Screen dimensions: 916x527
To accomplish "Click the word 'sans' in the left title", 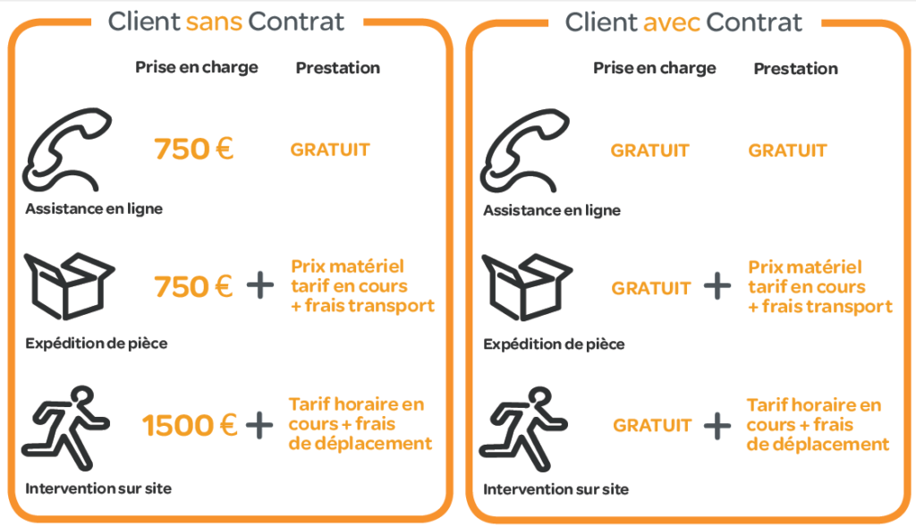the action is (x=214, y=22).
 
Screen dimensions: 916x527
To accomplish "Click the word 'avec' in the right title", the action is (x=672, y=22).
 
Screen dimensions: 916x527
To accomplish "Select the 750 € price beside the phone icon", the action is (x=193, y=149).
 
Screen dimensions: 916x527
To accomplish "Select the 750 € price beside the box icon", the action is (x=193, y=286).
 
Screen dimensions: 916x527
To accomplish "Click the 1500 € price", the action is (x=190, y=425).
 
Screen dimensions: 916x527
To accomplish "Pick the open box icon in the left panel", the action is (x=69, y=285).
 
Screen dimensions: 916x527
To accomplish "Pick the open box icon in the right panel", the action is (x=526, y=287).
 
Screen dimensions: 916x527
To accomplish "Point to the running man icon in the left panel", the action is (x=65, y=428).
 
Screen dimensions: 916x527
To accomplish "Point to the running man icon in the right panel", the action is (x=523, y=429).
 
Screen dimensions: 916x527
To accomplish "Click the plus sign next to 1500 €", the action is (x=259, y=425).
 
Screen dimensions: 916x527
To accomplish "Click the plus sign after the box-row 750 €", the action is (x=260, y=285).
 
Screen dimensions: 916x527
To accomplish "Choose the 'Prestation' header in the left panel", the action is (x=337, y=68).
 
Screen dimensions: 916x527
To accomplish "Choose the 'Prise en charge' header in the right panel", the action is (x=654, y=68).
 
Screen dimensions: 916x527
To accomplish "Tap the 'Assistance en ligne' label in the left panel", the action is (x=94, y=208).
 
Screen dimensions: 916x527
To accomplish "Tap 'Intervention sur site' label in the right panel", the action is (x=556, y=489).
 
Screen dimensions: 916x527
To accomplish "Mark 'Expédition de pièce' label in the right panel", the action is (x=554, y=344).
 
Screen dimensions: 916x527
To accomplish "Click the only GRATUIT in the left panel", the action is (x=330, y=149).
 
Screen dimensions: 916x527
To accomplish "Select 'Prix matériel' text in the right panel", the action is (x=805, y=267).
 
